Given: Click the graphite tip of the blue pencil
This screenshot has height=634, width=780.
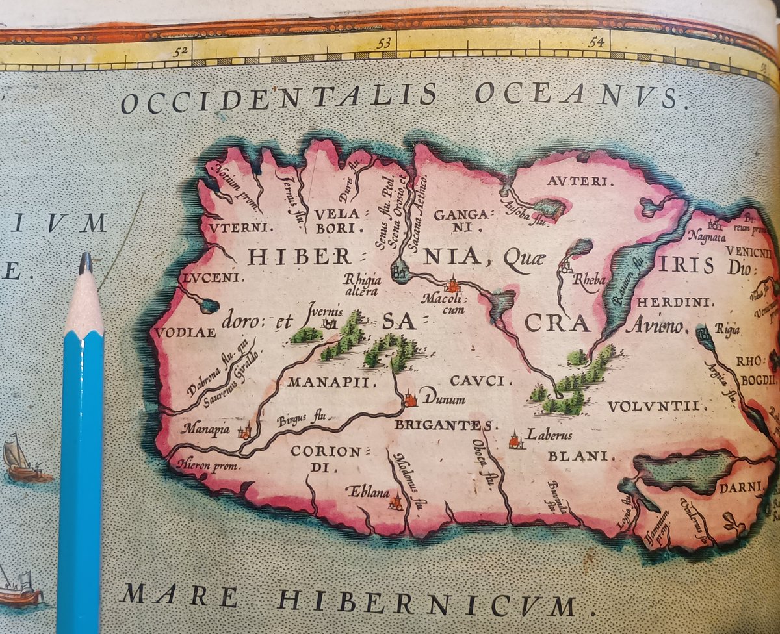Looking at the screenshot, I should click(x=84, y=263).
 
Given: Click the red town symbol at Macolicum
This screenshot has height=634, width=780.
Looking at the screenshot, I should click(x=452, y=285).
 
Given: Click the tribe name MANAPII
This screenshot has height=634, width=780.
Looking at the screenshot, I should click(x=331, y=382).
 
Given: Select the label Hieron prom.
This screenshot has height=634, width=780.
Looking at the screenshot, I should click(x=207, y=465).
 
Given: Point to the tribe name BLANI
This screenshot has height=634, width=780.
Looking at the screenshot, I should click(x=581, y=457).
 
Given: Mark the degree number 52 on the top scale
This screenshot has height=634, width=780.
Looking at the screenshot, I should click(x=185, y=53).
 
